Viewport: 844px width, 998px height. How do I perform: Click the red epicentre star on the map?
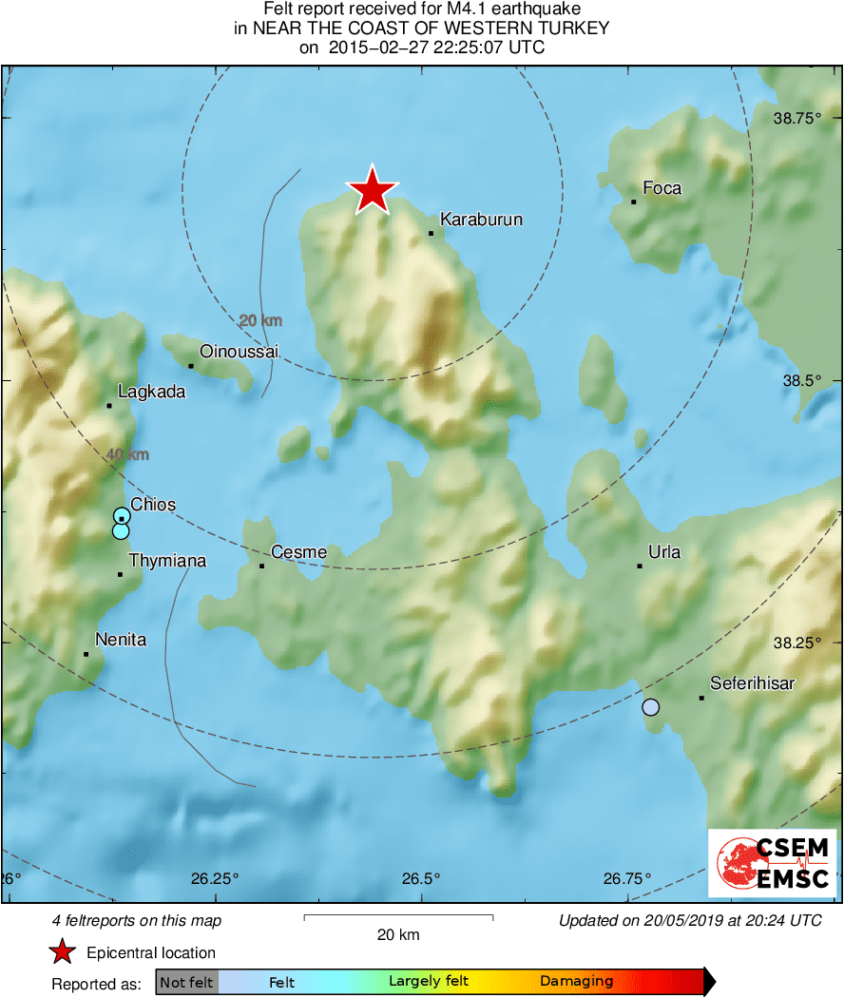tap(372, 190)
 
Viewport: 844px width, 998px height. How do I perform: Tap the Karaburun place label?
tap(481, 220)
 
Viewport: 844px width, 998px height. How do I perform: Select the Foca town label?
tap(662, 188)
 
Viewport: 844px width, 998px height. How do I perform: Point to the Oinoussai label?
tap(240, 352)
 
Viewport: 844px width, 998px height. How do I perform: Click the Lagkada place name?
tap(151, 392)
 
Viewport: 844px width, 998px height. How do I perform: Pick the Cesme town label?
tap(298, 552)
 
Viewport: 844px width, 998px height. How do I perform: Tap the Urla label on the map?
tap(663, 552)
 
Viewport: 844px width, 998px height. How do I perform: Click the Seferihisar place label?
tap(752, 683)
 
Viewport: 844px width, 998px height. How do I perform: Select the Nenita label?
tap(121, 640)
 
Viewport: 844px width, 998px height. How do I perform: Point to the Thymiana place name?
tap(167, 561)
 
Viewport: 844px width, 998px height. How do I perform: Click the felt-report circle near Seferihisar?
tap(650, 707)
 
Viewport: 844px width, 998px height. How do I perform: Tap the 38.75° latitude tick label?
tap(796, 118)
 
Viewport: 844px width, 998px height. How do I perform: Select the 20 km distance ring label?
tap(259, 321)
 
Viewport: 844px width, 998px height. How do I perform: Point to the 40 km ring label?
tap(127, 456)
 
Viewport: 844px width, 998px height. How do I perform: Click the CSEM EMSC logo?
tap(772, 862)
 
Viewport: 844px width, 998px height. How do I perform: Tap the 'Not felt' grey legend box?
tap(186, 982)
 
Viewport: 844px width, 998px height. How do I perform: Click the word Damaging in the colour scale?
tap(576, 982)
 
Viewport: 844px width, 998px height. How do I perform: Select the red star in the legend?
tap(63, 952)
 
